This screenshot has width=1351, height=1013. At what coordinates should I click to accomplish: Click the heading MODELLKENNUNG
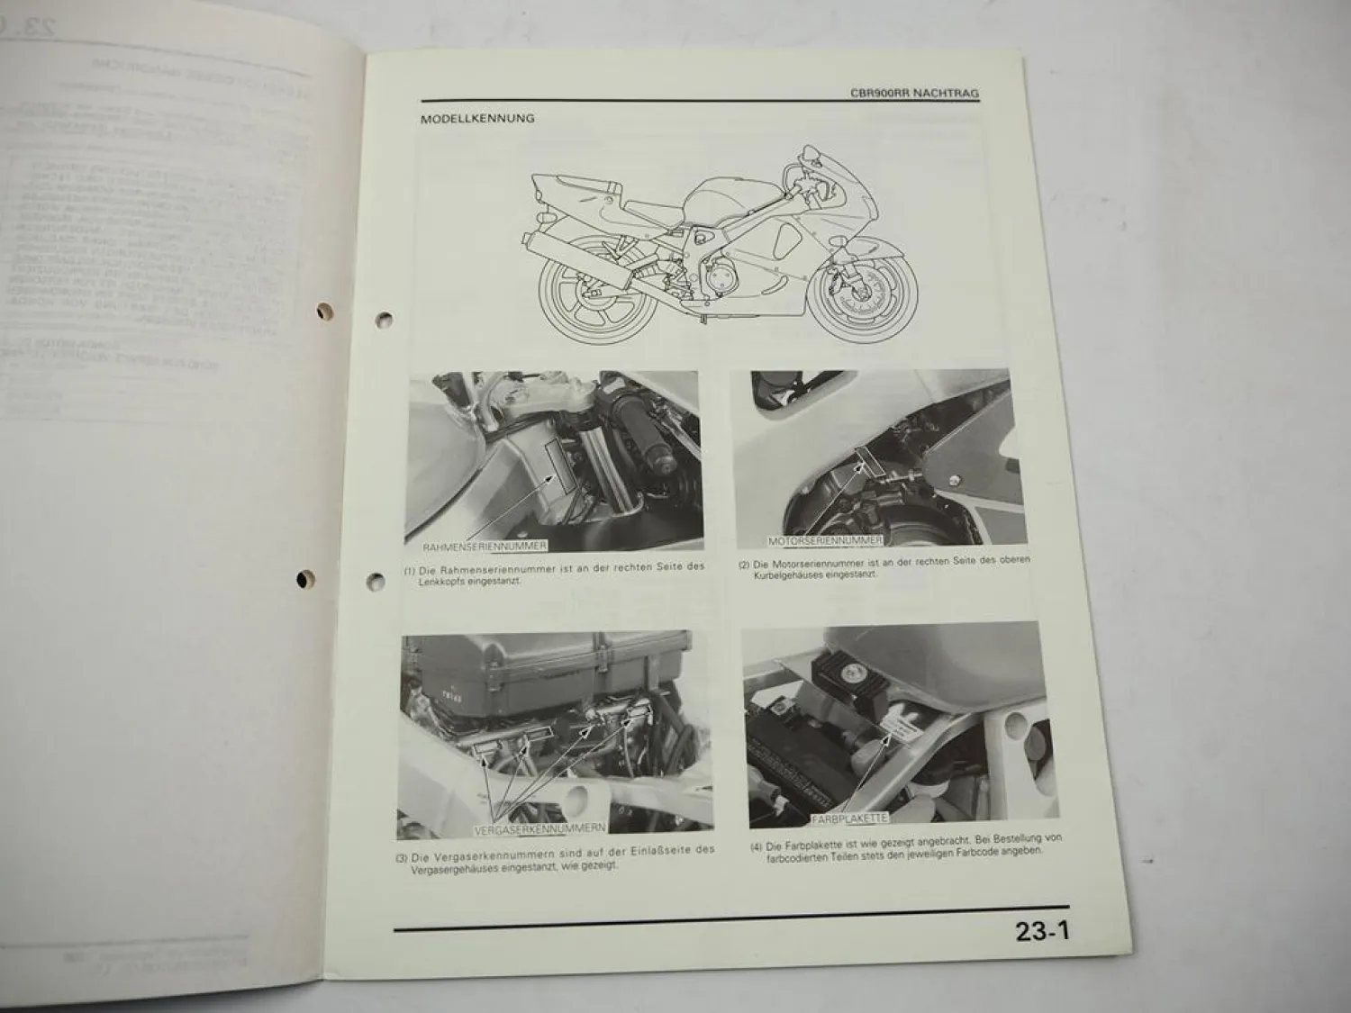tap(477, 118)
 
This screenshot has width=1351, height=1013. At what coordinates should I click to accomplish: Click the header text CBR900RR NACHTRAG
tap(914, 93)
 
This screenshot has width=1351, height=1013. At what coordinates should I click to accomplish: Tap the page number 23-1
tap(1041, 931)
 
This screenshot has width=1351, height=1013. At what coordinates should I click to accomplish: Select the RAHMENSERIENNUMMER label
tap(485, 546)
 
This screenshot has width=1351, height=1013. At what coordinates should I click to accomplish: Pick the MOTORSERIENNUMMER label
tap(824, 540)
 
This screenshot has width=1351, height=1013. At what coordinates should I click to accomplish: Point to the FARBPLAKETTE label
tap(849, 819)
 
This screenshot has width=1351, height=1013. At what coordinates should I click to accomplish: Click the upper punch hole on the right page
tap(385, 319)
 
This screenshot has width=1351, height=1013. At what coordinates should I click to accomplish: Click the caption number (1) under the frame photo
tap(411, 571)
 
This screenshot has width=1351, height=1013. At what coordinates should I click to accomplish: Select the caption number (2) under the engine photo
tap(744, 565)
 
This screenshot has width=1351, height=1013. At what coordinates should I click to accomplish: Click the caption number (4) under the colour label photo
tap(755, 847)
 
